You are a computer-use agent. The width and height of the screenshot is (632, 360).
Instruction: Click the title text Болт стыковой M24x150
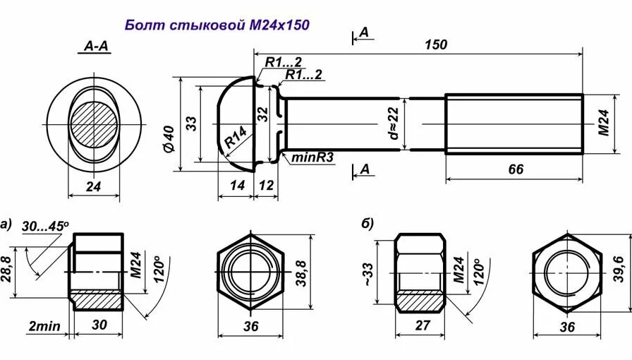[x=217, y=25]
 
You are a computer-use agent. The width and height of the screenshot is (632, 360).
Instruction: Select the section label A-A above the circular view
[x=96, y=47]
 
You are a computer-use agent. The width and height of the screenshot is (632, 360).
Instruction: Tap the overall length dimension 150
[x=435, y=44]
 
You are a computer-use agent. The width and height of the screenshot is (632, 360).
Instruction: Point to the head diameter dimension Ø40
[x=169, y=138]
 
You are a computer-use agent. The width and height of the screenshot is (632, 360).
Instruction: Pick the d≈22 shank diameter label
[x=394, y=123]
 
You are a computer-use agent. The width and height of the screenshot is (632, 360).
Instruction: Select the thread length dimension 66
[x=515, y=169]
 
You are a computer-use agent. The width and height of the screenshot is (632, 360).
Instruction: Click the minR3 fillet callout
[x=312, y=157]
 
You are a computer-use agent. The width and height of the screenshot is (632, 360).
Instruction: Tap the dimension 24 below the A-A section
[x=93, y=186]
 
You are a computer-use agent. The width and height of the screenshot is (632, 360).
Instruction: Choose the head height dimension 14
[x=236, y=184]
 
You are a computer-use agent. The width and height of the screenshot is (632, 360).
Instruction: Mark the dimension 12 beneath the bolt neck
[x=267, y=184]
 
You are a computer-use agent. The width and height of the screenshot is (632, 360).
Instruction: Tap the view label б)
[x=367, y=224]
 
